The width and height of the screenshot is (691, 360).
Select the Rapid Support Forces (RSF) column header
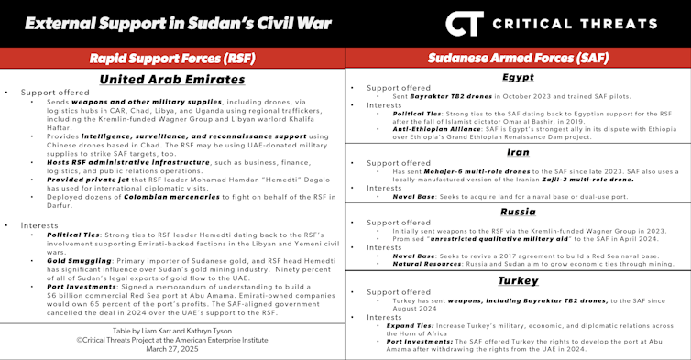172,60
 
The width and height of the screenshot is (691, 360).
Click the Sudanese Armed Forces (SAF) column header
518,60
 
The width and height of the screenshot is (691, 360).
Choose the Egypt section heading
518,78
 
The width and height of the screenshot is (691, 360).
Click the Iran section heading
518,152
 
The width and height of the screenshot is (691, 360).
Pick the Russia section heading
518,211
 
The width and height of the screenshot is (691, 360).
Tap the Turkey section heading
518,279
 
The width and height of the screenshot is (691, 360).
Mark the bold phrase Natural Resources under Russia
434,262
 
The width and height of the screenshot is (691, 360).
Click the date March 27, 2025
172,348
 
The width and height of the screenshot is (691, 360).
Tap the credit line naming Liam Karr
172,328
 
